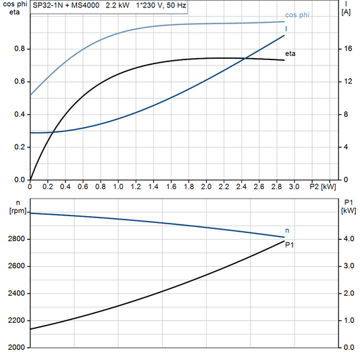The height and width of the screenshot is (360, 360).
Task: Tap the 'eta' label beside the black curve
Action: (290, 53)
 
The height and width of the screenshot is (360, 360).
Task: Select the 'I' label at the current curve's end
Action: (287, 29)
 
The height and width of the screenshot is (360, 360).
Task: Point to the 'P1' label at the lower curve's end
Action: (290, 245)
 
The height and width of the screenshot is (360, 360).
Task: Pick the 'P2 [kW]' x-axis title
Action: (322, 186)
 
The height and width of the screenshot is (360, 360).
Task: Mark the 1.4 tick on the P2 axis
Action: (153, 186)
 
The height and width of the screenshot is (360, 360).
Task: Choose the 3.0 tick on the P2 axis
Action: (294, 186)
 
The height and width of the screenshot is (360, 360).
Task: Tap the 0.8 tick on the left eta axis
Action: (20, 49)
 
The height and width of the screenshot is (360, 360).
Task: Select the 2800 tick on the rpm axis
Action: (16, 240)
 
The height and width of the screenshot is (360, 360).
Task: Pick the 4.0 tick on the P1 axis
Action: (346, 240)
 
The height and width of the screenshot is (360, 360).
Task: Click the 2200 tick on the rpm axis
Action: (16, 321)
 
